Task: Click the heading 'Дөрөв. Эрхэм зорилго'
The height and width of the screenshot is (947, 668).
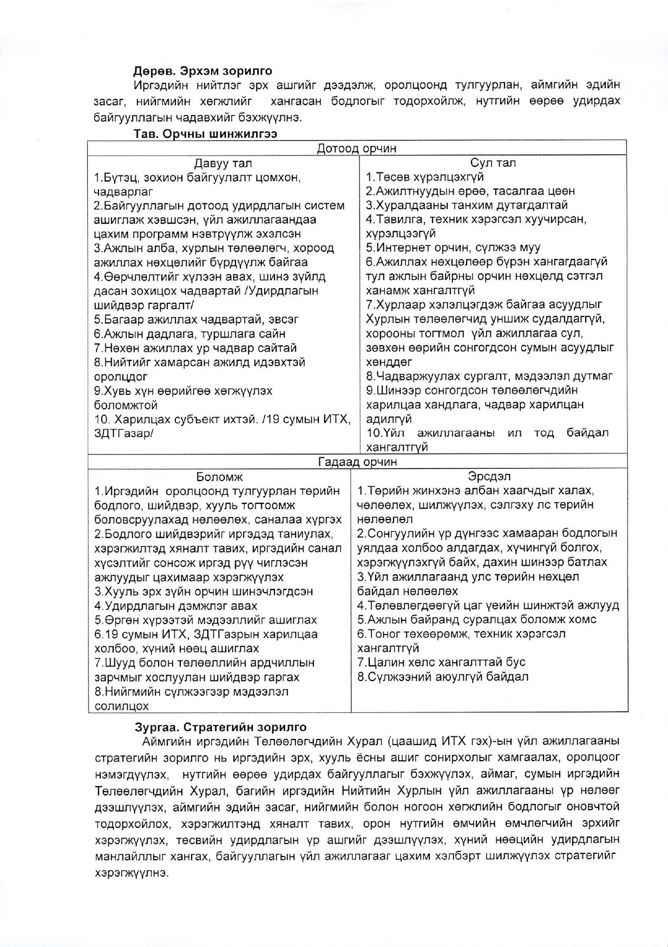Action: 203,71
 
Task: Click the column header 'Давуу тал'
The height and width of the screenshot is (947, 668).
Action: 223,163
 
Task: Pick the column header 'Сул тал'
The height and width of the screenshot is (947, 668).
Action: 493,163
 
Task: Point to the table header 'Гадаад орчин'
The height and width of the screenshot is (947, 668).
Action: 357,462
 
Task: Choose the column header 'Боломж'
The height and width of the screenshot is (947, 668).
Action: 219,477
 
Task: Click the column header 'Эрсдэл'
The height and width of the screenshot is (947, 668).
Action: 489,476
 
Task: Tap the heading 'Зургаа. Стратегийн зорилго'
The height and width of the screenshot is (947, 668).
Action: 220,728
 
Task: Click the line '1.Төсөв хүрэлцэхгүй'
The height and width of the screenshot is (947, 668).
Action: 425,177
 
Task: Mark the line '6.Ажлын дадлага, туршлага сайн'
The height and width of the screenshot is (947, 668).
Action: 189,334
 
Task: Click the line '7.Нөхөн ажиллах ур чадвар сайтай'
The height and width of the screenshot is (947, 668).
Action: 195,348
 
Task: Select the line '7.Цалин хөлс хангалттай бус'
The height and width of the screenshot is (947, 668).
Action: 441,662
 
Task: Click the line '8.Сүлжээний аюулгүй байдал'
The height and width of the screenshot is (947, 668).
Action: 443,677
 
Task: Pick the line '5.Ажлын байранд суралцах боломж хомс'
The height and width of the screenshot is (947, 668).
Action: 476,620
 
